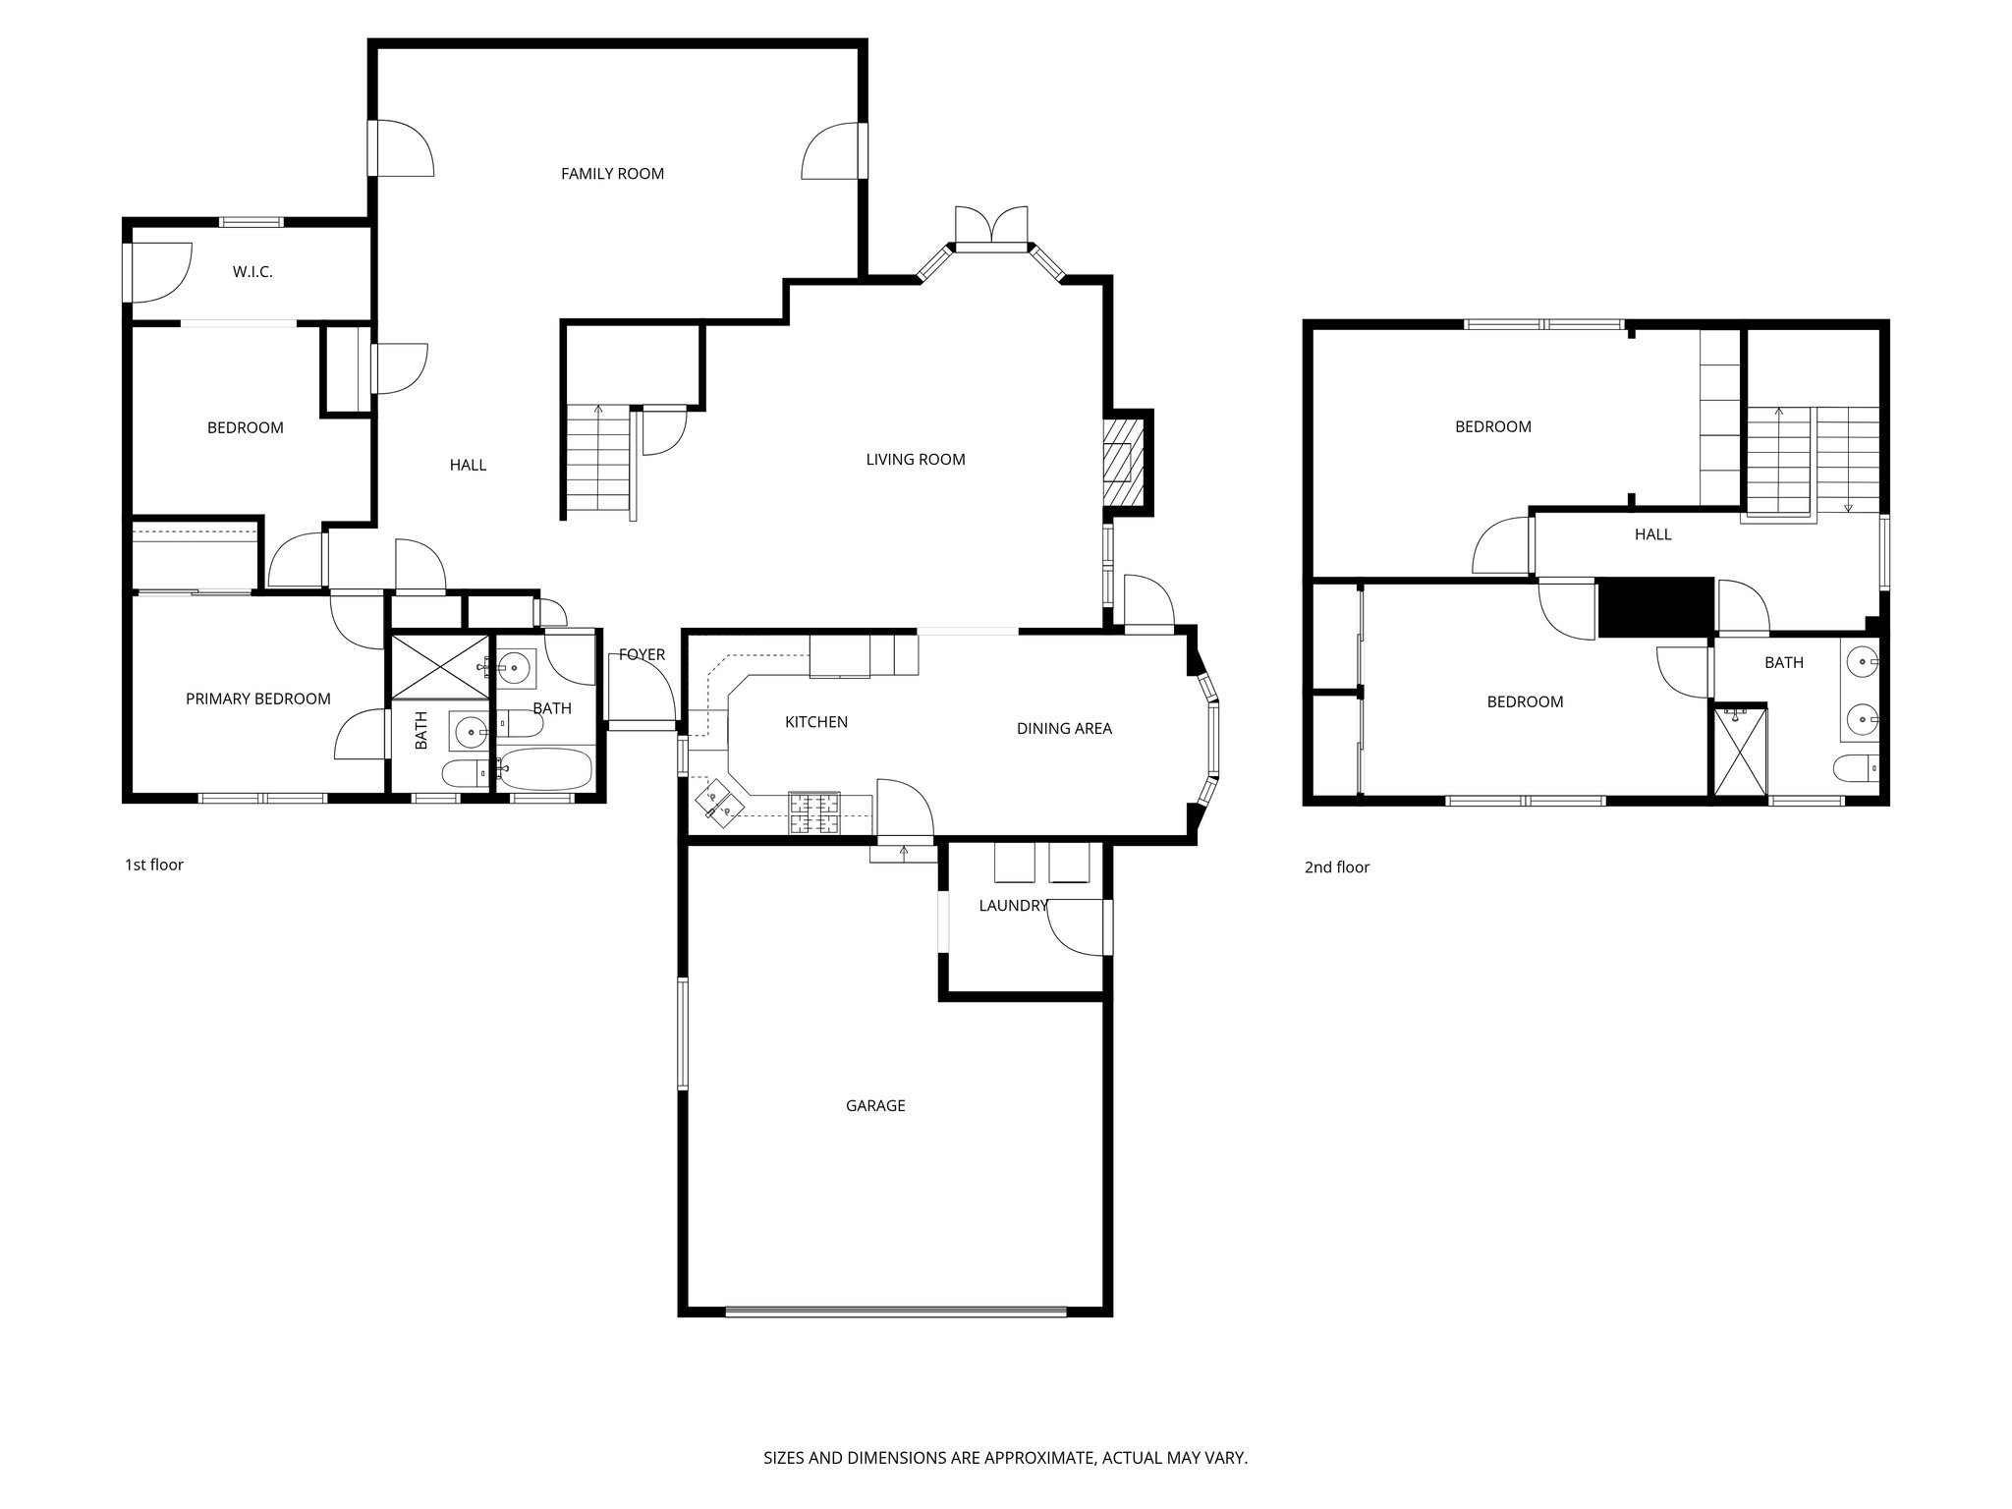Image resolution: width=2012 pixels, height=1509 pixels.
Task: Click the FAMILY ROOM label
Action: click(612, 174)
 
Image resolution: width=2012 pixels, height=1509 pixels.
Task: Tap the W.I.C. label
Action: click(252, 272)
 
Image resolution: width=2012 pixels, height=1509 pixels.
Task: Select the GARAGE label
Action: click(874, 1105)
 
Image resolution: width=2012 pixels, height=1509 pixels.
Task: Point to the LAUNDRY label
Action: click(1012, 906)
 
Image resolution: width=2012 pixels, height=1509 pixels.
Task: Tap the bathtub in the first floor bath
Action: click(545, 768)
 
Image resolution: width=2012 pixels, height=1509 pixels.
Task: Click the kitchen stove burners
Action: click(814, 811)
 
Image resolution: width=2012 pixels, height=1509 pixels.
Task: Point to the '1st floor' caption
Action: click(153, 865)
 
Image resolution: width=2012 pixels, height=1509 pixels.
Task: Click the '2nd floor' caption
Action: click(1336, 866)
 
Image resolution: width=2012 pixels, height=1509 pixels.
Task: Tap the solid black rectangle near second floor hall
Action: click(1655, 606)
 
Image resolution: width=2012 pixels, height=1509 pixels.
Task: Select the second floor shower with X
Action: click(1739, 752)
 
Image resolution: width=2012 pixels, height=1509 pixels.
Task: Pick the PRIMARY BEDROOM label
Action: click(257, 699)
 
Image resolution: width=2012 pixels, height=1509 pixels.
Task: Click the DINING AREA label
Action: click(1064, 728)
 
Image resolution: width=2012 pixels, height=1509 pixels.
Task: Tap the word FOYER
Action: click(642, 654)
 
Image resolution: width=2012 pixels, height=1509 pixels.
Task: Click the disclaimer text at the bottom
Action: click(1005, 1458)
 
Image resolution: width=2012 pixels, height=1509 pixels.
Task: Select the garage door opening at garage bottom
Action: click(895, 1311)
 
